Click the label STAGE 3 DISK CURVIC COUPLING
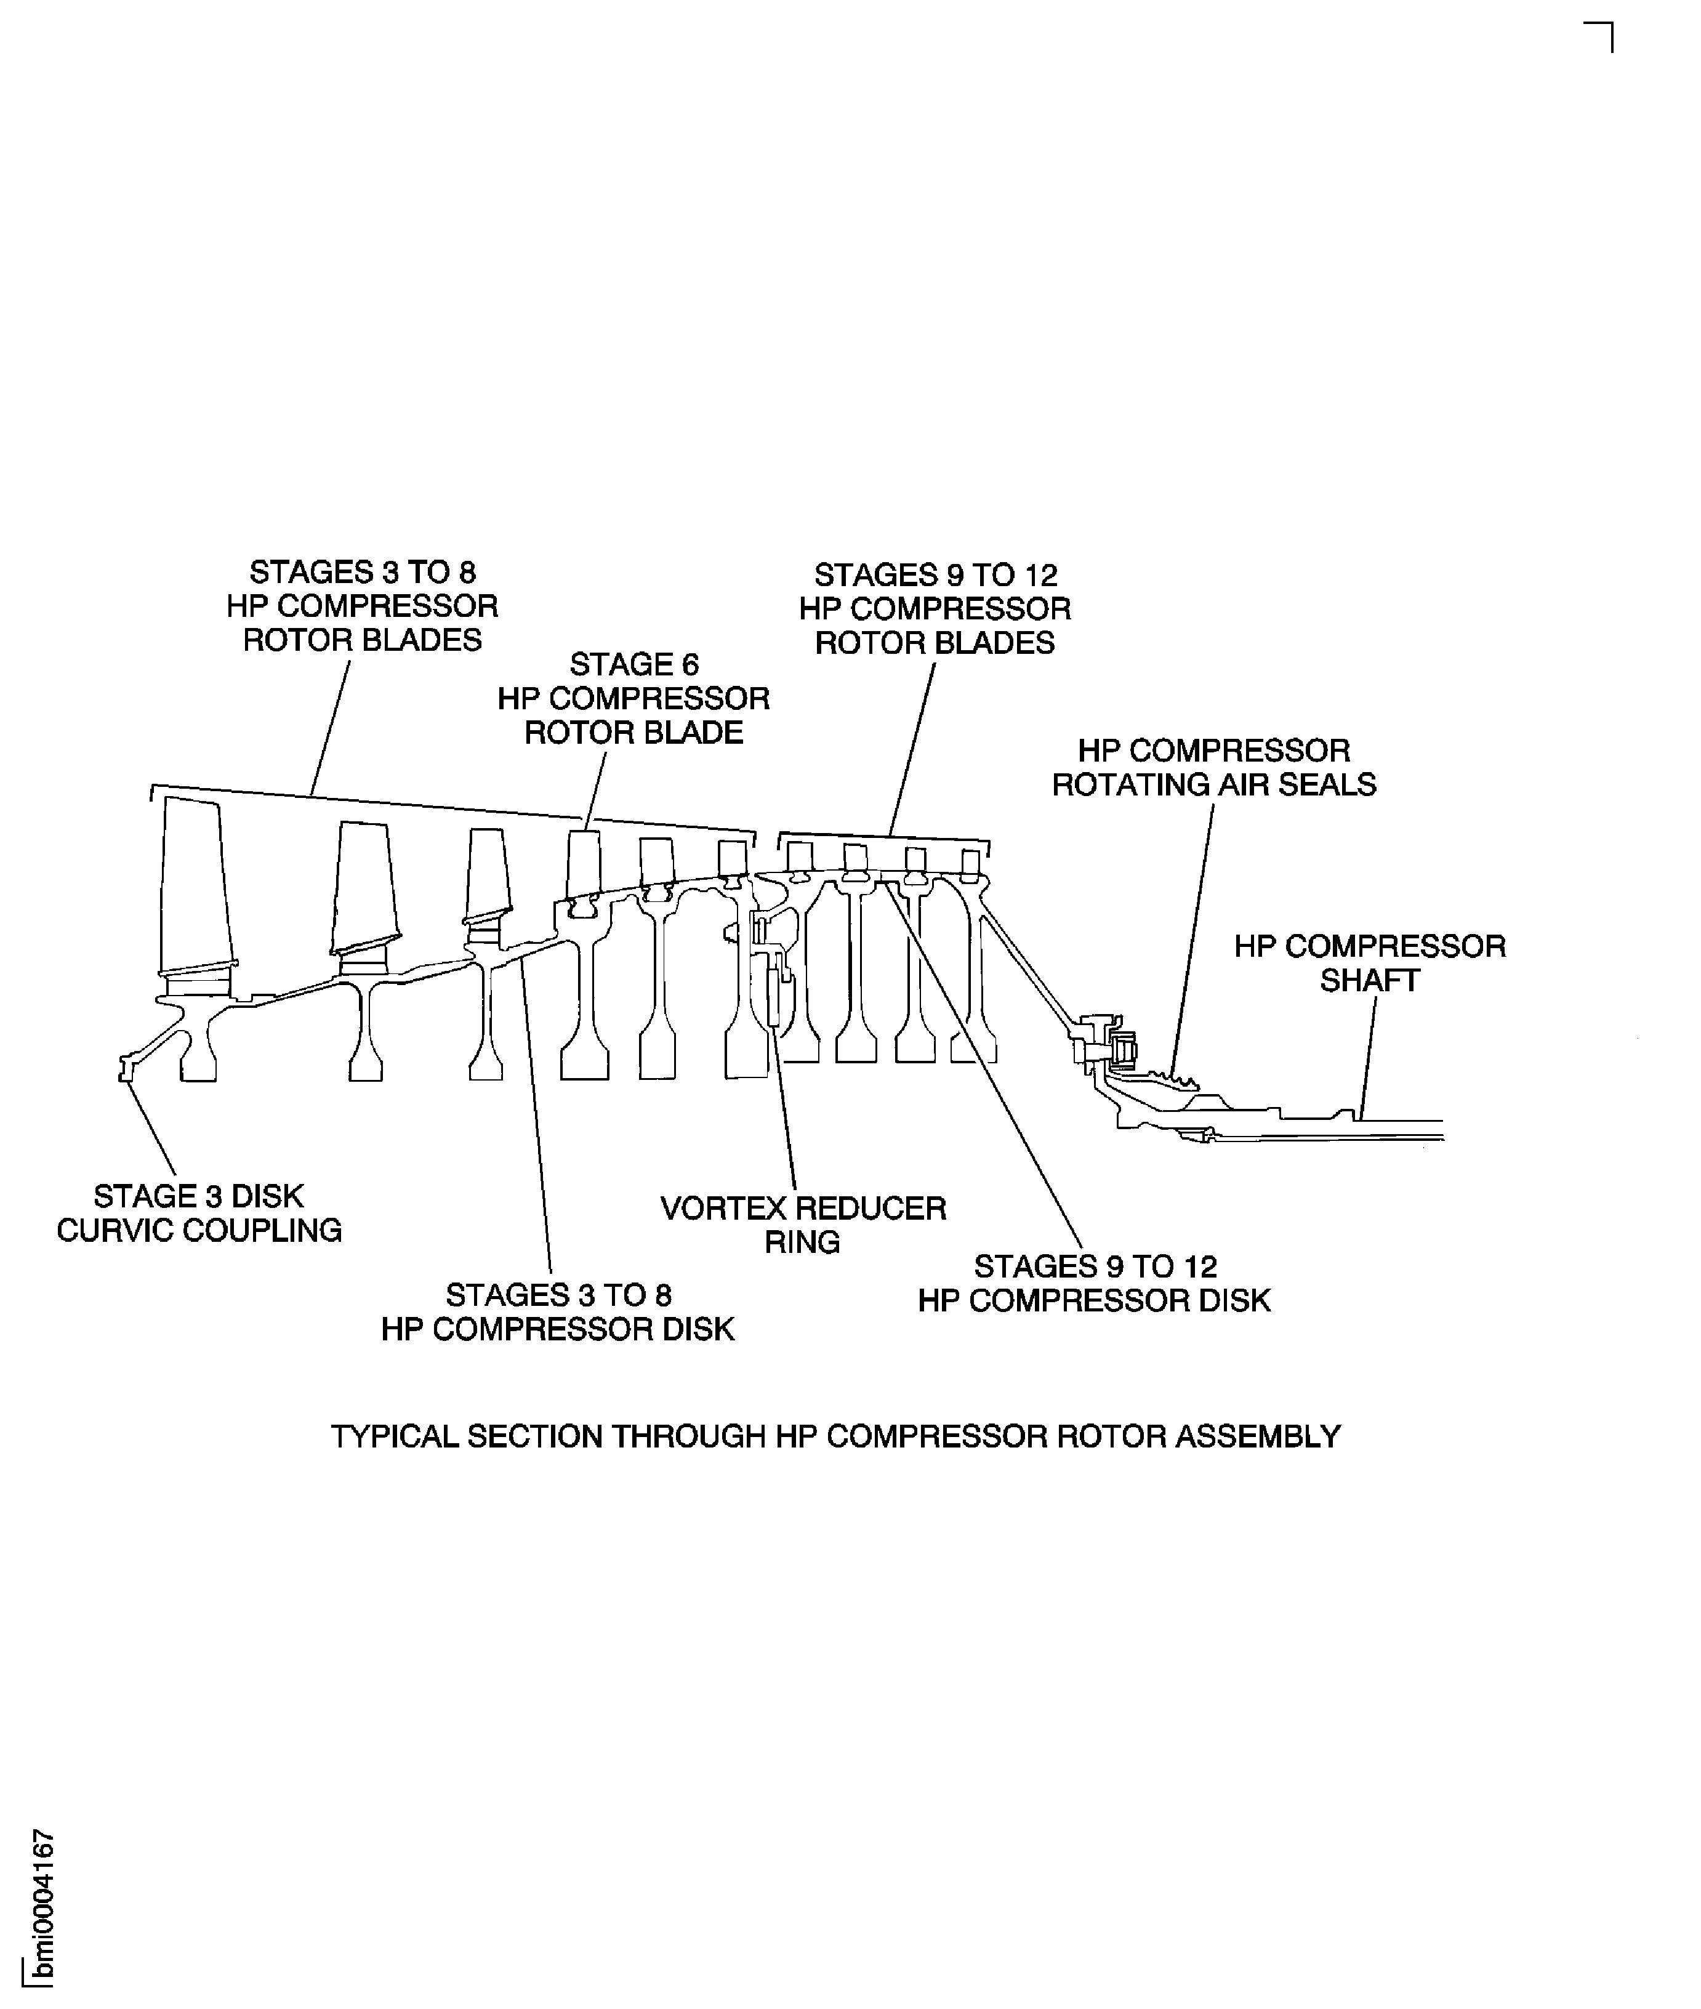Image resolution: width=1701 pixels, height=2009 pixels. coord(199,1214)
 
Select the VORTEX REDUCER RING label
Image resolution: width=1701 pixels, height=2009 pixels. coord(803,1225)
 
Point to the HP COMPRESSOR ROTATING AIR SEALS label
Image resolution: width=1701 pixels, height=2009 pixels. coord(1214,768)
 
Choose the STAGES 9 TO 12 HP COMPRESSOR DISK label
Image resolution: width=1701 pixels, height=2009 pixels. coord(1095,1284)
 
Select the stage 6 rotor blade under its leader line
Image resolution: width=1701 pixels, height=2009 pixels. coord(584,863)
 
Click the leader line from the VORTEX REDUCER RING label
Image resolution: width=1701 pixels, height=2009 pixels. coord(784,1109)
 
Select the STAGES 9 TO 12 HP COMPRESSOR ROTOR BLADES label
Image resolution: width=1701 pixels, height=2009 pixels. coord(935,608)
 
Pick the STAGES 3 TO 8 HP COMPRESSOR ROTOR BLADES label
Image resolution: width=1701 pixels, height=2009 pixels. coord(363,606)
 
